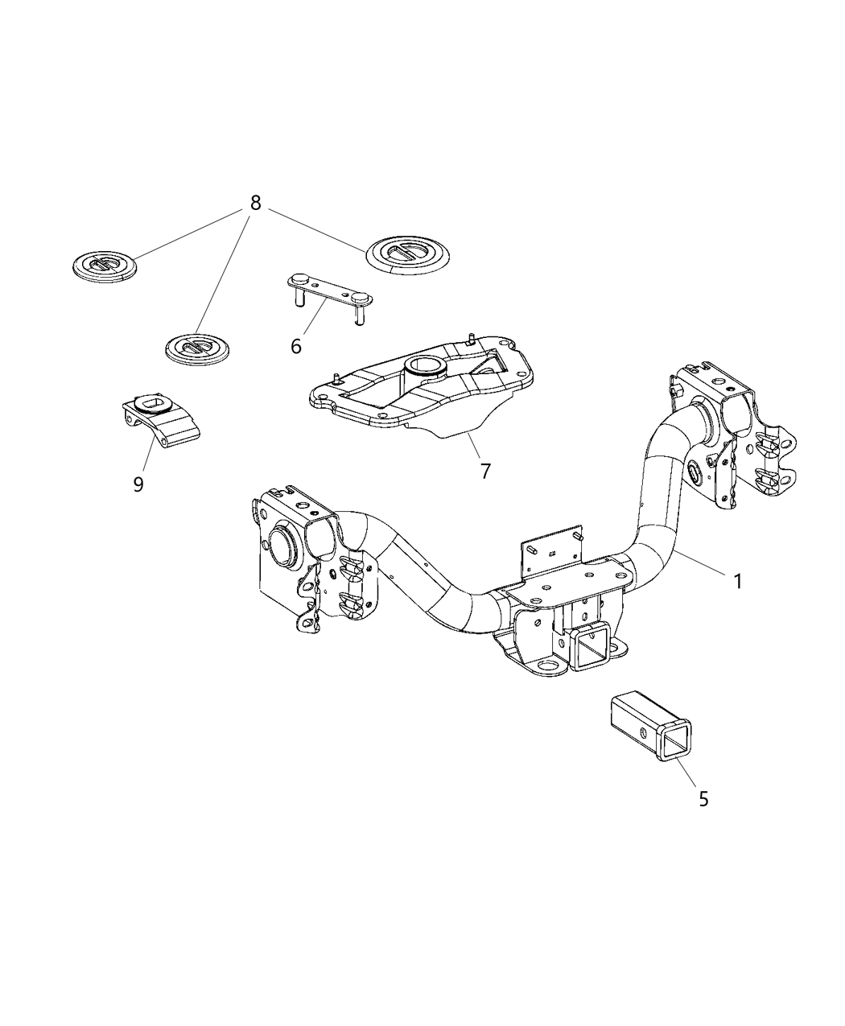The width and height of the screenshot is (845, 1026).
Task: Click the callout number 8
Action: [255, 203]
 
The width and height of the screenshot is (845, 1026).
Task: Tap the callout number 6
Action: [296, 346]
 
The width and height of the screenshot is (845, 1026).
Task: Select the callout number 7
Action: [485, 471]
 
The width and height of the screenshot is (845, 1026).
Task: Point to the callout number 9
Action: [138, 484]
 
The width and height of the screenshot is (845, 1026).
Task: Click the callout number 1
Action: [737, 580]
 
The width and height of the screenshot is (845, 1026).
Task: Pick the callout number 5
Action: [703, 799]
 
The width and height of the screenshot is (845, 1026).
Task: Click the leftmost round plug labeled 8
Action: [104, 265]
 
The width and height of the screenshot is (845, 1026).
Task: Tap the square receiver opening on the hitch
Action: [591, 649]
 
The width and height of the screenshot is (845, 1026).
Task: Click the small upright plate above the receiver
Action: [553, 549]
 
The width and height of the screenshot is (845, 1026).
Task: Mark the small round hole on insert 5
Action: [642, 732]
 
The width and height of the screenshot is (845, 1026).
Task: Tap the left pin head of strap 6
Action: [299, 279]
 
